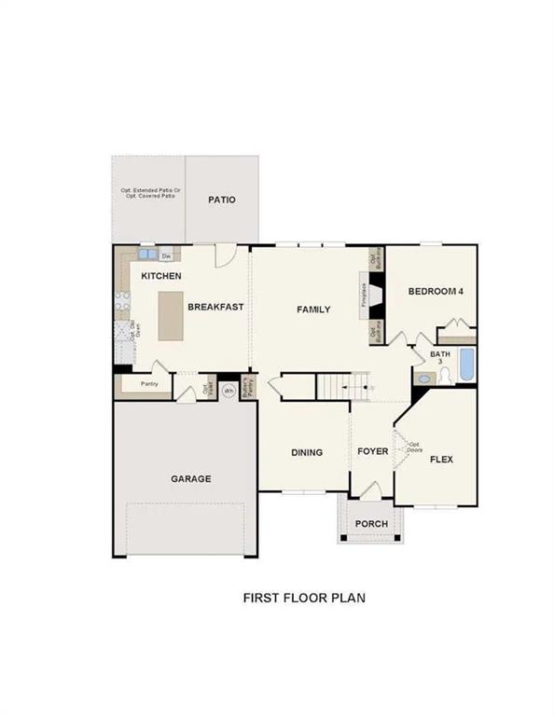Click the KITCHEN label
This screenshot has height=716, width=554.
pos(161,276)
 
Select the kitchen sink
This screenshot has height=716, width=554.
pos(147,255)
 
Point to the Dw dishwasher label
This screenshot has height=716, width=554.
pos(167,255)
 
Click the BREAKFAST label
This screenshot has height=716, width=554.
pos(215,307)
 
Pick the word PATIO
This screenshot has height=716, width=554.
pos(221,200)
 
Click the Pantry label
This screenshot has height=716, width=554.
pos(147,384)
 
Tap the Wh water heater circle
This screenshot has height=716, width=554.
pos(228,390)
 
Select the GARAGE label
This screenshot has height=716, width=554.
pos(190,479)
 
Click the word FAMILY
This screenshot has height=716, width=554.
pos(313,310)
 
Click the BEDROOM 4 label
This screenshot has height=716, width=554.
pos(436,292)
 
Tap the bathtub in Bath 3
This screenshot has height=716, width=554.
pos(465,365)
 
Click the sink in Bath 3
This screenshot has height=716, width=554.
pos(424,379)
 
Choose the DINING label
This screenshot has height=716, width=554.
pos(306,453)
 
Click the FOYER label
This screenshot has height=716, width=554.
pos(372,452)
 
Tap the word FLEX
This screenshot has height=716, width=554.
pos(440,459)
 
